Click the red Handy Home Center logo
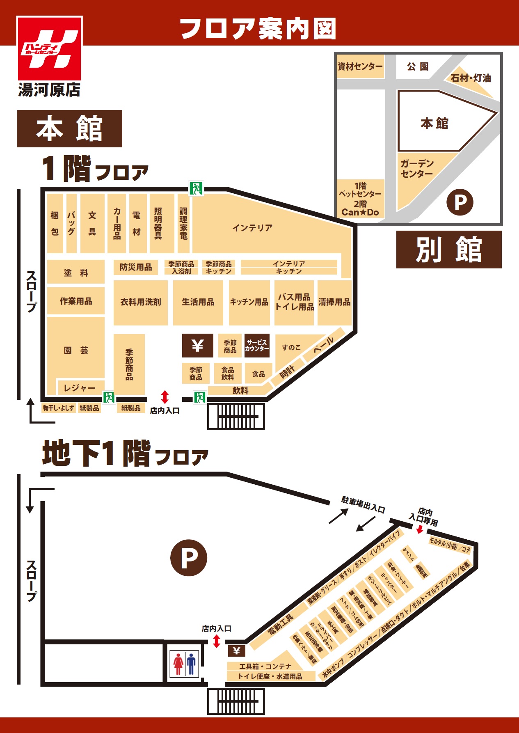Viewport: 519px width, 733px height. pos(49,48)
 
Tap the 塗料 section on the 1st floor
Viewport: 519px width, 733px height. pos(76,273)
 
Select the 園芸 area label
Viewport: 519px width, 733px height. pos(76,350)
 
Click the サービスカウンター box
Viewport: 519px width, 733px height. pos(257,346)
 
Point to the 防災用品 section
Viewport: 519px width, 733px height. pos(136,267)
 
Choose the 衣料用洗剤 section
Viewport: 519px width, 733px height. pos(141,302)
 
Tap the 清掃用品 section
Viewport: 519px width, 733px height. pos(334,302)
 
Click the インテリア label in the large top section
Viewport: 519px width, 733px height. pos(252,228)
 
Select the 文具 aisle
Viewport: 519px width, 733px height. pos(92,223)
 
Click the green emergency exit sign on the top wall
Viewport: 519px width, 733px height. pos(196,188)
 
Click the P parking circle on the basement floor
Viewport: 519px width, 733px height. pos(189,558)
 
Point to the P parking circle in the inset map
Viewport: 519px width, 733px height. pos(460,202)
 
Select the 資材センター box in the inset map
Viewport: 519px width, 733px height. pos(360,66)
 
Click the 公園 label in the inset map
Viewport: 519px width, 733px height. pos(418,66)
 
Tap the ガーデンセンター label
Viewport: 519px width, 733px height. pos(417,169)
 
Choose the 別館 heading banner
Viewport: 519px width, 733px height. pos(449,250)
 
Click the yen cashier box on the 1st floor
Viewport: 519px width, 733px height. pos(198,346)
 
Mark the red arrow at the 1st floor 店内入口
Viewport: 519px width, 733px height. pos(165,397)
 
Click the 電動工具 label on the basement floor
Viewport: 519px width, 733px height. pos(281,624)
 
